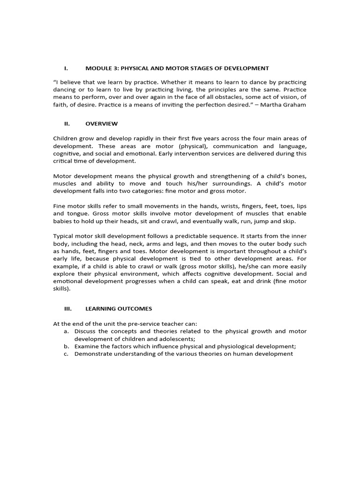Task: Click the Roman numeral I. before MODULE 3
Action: [66, 68]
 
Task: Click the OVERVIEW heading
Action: [101, 124]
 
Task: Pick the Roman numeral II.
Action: [67, 124]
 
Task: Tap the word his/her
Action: [213, 184]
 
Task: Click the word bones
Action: [297, 176]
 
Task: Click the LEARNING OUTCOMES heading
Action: [119, 309]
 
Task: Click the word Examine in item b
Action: [86, 346]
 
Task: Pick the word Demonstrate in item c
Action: [93, 353]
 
